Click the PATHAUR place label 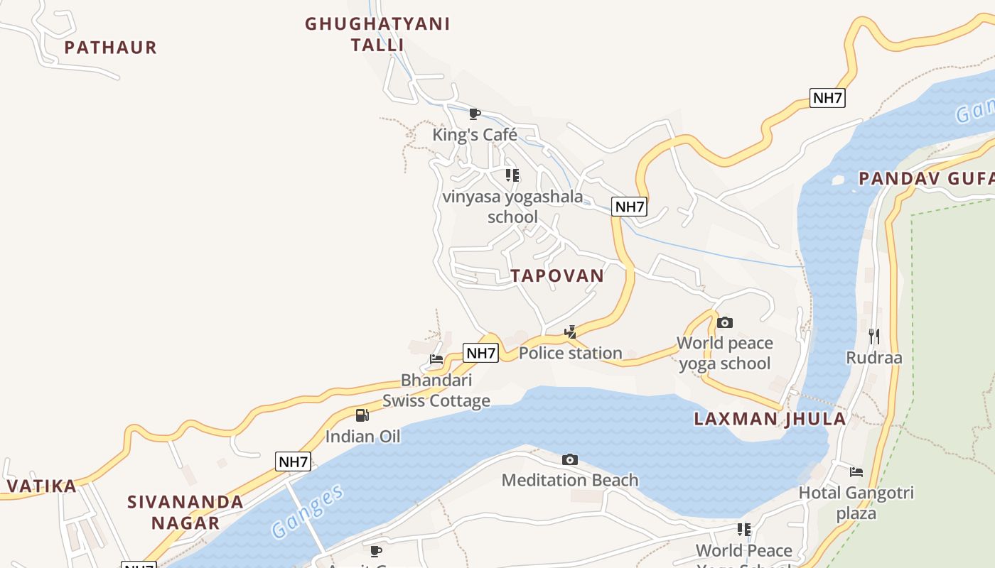(x=110, y=48)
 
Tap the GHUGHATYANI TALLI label (x=377, y=34)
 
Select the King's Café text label (x=475, y=135)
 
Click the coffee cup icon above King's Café (x=475, y=114)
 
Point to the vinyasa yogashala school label (x=512, y=206)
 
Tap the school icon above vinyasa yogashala (x=512, y=175)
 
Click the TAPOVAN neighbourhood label (x=557, y=275)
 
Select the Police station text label (x=571, y=353)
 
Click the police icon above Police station (x=570, y=332)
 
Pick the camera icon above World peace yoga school (x=724, y=323)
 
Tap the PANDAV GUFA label (x=926, y=178)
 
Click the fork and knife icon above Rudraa (x=874, y=336)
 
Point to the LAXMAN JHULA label (x=770, y=419)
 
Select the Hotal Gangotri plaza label (x=856, y=503)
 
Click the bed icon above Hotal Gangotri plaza (x=856, y=471)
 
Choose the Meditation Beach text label (x=570, y=481)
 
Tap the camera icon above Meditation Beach (x=570, y=460)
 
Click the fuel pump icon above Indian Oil (x=362, y=415)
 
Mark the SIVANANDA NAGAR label (x=185, y=513)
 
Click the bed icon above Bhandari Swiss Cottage (x=436, y=359)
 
